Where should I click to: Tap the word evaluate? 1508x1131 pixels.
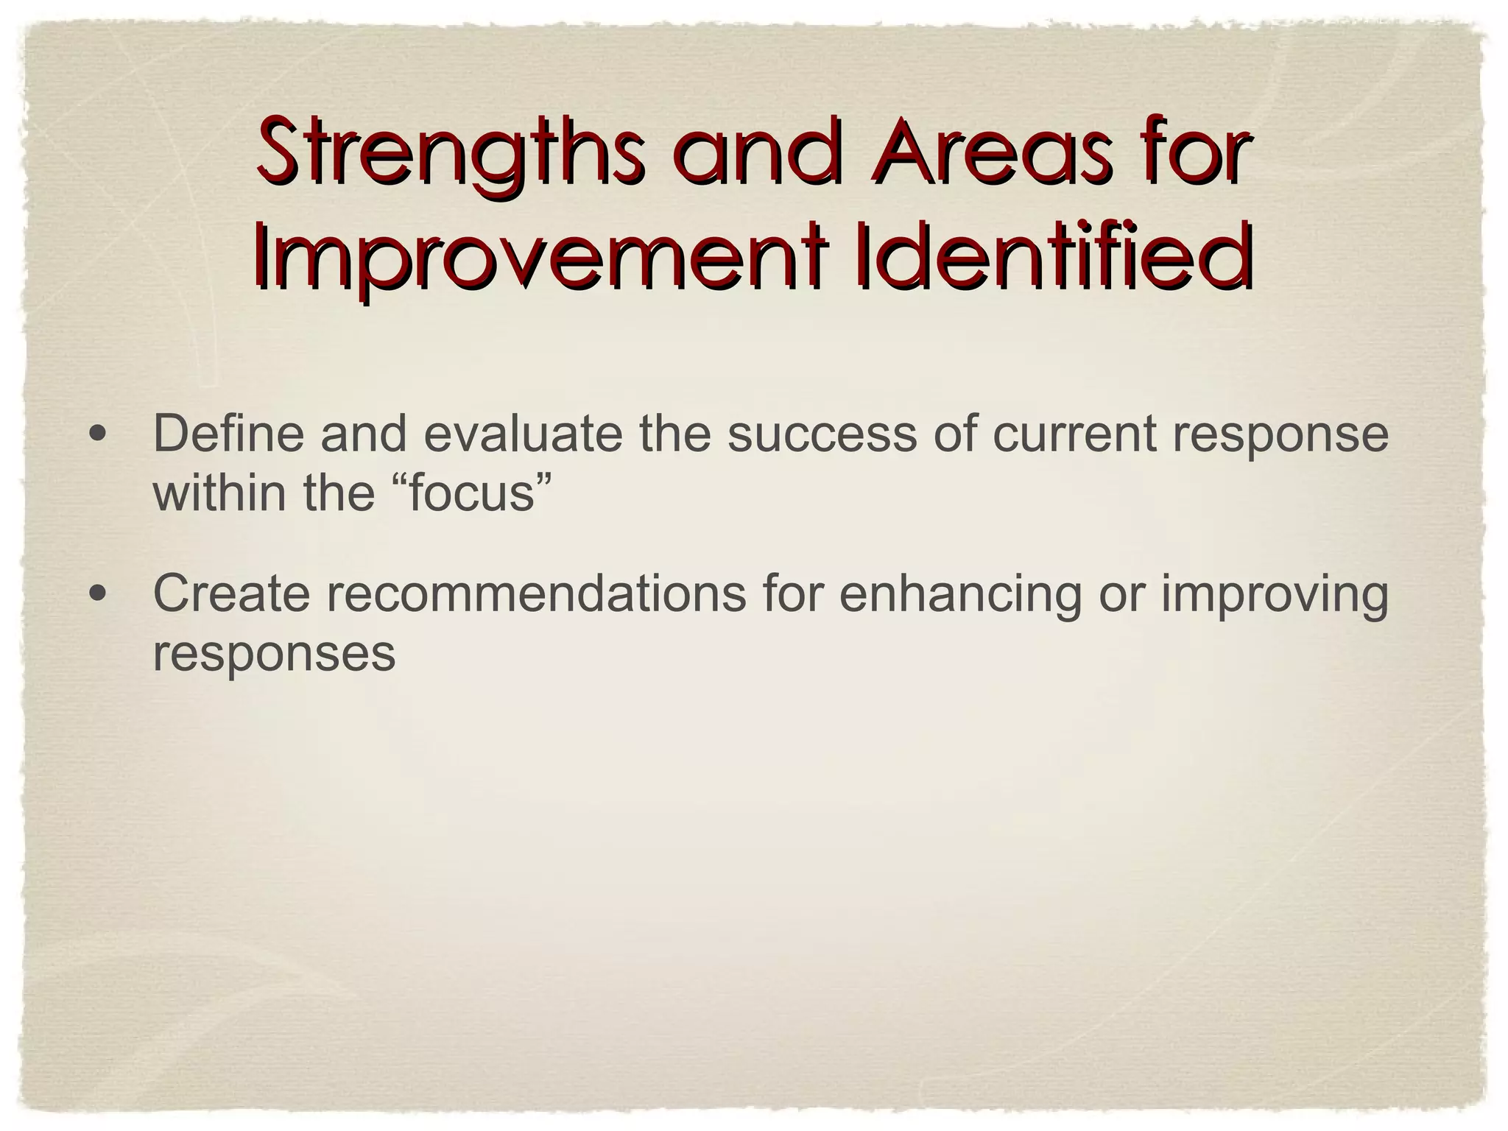point(522,434)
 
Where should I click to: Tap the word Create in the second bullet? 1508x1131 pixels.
point(231,593)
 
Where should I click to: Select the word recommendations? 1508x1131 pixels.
point(536,593)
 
